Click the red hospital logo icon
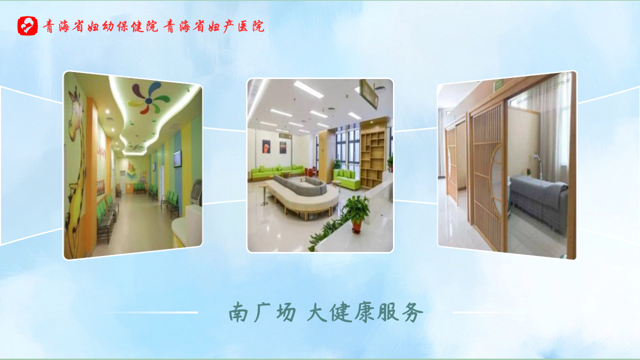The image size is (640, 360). click(27, 25)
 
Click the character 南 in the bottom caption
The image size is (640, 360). click(238, 312)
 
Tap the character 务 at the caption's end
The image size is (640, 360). click(412, 312)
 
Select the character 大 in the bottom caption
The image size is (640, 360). click(317, 312)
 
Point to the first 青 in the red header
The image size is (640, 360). click(48, 26)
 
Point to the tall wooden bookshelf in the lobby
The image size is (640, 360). click(373, 154)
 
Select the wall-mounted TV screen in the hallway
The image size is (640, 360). click(177, 158)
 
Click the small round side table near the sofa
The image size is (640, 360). click(264, 195)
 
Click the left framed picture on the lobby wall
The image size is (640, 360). click(266, 146)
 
